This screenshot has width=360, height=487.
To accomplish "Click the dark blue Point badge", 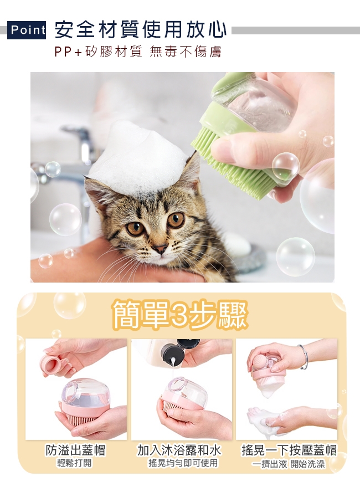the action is [x=27, y=30].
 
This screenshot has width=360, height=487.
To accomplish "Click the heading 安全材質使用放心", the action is [x=140, y=30].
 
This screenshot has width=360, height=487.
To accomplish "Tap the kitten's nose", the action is [x=160, y=248].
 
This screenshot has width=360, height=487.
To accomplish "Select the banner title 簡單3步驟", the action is [x=180, y=314].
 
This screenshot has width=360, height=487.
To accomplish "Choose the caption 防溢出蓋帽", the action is [x=76, y=450].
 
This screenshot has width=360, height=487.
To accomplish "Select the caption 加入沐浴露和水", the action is [x=179, y=450].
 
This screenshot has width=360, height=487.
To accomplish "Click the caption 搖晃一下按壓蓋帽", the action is [x=289, y=450].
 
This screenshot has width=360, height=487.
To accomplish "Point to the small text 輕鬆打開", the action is [x=75, y=463].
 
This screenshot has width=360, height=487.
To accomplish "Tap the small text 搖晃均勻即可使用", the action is [x=183, y=463].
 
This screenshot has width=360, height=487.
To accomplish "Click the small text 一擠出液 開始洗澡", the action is [x=289, y=464].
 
